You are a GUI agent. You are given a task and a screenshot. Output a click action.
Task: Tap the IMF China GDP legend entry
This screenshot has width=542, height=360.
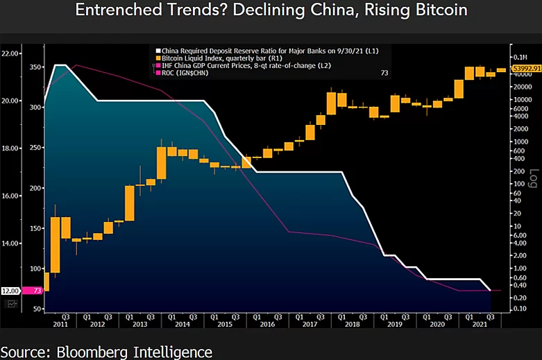pyautogui.click(x=239, y=65)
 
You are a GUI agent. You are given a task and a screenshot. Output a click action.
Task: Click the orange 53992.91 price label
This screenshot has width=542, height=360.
pyautogui.click(x=525, y=69)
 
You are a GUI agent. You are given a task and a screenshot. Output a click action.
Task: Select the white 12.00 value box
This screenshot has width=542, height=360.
pyautogui.click(x=10, y=291)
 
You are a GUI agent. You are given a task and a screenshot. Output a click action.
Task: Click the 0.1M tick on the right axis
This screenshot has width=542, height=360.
pyautogui.click(x=518, y=57)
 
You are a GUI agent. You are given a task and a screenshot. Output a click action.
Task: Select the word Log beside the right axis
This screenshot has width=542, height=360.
pyautogui.click(x=533, y=178)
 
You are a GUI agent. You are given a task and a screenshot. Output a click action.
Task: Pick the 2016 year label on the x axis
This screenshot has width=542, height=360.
pyautogui.click(x=266, y=325)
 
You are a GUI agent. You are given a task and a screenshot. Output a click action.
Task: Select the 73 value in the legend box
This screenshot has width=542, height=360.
pyautogui.click(x=384, y=72)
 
